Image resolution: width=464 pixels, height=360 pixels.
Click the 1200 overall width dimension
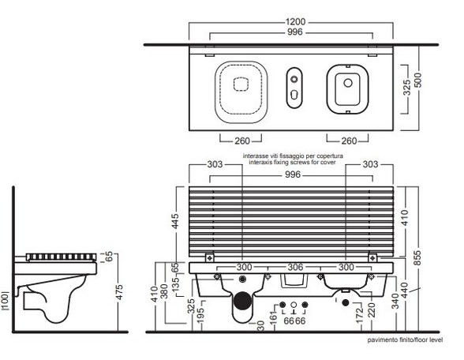click(x=295, y=22)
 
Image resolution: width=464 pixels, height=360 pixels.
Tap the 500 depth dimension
click(x=418, y=81)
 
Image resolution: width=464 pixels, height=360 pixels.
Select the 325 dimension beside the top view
click(x=406, y=88)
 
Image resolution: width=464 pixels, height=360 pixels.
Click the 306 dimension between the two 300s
click(x=295, y=267)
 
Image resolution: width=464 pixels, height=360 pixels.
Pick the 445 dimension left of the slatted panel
click(x=175, y=221)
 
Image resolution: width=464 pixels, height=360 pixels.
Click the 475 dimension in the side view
click(x=119, y=292)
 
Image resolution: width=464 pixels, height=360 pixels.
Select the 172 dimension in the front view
click(x=359, y=316)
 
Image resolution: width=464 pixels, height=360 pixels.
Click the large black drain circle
click(x=243, y=301)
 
